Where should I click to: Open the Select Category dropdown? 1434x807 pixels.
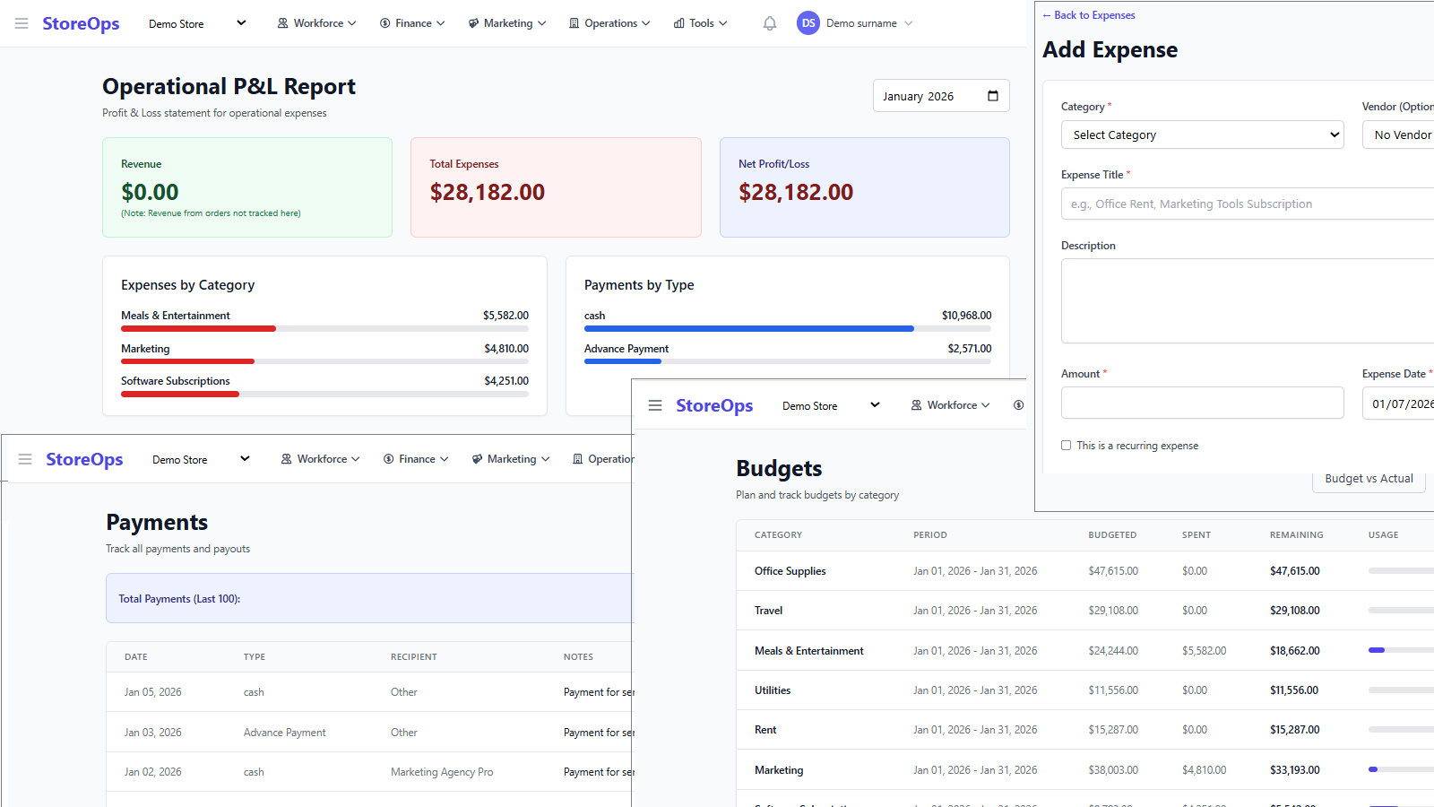click(1202, 134)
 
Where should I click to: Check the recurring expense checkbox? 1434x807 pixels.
click(1067, 445)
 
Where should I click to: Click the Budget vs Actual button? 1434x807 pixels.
click(1369, 479)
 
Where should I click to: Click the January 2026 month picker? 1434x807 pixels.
click(940, 96)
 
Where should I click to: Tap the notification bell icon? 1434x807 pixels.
click(769, 23)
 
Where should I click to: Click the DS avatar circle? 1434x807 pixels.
click(808, 23)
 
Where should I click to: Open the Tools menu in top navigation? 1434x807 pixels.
click(700, 23)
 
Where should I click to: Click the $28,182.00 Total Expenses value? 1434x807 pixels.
click(487, 192)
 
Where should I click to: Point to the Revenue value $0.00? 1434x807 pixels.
click(150, 192)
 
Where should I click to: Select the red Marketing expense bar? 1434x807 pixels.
click(187, 361)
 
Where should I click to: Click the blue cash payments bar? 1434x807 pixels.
click(748, 328)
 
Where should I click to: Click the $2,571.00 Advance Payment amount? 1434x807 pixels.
click(969, 349)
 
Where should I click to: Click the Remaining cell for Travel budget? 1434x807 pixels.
click(1294, 611)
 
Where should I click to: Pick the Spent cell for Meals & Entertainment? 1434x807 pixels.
click(1204, 651)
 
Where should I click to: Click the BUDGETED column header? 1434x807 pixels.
click(1112, 535)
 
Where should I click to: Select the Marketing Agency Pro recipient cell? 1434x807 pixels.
click(442, 772)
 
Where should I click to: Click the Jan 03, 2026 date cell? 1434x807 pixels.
click(153, 733)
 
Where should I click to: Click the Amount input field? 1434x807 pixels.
click(1202, 403)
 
